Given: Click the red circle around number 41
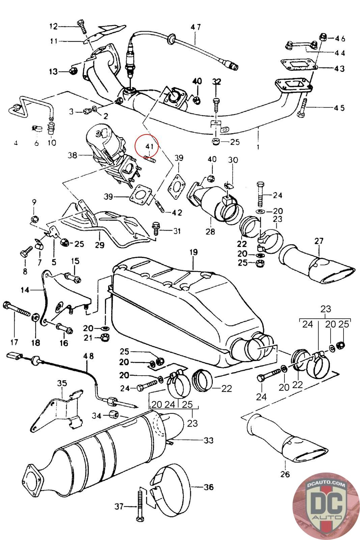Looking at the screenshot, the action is coord(146,146).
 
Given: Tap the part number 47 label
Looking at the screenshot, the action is coord(195,27).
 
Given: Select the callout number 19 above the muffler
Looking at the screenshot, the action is coord(193,252).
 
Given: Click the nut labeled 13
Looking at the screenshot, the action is coord(72,71).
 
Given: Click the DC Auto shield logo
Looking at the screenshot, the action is coord(325,506).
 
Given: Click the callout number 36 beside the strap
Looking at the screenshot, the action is coord(208,487).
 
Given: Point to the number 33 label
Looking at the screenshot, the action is coord(209,440).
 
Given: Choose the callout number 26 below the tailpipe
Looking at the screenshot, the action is coord(285,474).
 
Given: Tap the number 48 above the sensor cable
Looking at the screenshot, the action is coord(88,356).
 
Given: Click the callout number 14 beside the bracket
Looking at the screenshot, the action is coord(25,290).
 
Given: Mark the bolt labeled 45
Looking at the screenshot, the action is coord(303,107).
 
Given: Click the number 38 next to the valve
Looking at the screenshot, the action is coord(72,155).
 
